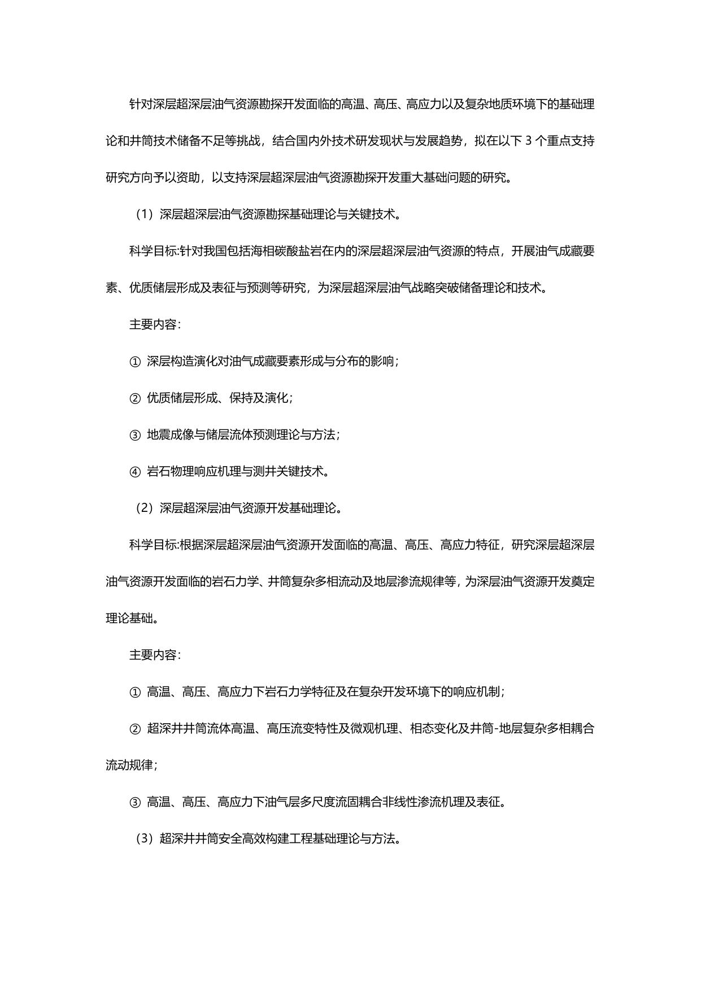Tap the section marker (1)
pyautogui.click(x=145, y=215)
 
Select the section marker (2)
pyautogui.click(x=145, y=508)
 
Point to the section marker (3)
pyautogui.click(x=145, y=838)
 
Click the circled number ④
pyautogui.click(x=134, y=472)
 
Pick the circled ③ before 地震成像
pyautogui.click(x=134, y=435)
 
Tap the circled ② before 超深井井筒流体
pyautogui.click(x=134, y=729)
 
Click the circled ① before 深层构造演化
pyautogui.click(x=134, y=362)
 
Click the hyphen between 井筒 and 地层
pyautogui.click(x=495, y=729)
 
